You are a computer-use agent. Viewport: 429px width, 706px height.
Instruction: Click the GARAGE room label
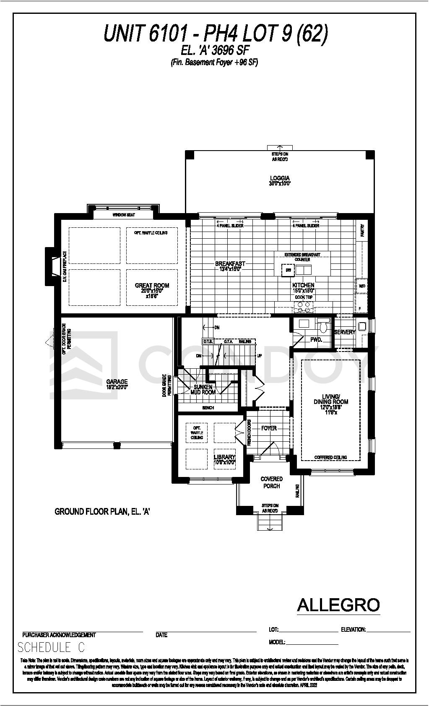click(117, 382)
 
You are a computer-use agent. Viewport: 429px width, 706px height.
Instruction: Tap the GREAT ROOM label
click(152, 286)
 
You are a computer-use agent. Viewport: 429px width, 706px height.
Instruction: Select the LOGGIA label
click(280, 178)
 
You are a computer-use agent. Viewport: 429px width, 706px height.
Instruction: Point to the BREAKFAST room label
click(230, 264)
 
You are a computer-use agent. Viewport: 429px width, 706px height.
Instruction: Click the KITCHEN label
click(303, 285)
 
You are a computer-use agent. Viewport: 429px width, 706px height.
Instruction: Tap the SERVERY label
click(345, 332)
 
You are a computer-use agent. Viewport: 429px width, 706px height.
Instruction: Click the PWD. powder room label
click(316, 340)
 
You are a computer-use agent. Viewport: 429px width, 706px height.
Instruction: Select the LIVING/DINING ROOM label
click(331, 399)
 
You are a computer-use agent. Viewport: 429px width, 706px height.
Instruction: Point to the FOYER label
click(269, 428)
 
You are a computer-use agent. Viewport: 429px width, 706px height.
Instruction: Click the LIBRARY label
click(225, 457)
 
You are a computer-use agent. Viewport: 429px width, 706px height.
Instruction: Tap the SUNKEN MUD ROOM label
click(203, 389)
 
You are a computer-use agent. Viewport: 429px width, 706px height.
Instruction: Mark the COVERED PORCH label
click(272, 482)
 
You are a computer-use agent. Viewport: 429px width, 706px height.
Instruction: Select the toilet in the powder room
click(323, 325)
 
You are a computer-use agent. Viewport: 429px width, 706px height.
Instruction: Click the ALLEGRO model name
click(338, 605)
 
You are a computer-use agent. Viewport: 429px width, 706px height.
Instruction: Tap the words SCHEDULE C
click(51, 648)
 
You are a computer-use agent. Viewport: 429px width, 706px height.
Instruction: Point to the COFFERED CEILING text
click(330, 457)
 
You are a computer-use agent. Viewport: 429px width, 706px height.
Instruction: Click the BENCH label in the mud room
click(208, 407)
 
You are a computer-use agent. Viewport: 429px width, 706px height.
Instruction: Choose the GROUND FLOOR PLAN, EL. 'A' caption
click(102, 511)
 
